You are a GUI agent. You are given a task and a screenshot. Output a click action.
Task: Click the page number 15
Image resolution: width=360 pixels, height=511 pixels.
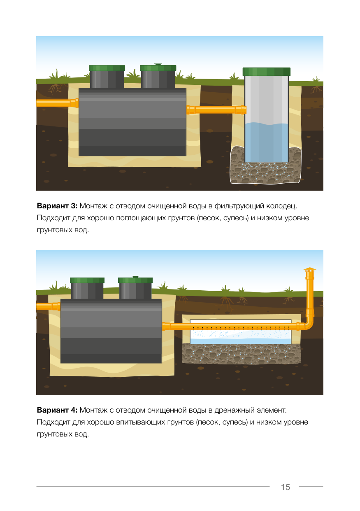(x=285, y=487)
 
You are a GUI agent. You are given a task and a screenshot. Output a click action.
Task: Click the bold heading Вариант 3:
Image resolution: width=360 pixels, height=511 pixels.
(x=57, y=206)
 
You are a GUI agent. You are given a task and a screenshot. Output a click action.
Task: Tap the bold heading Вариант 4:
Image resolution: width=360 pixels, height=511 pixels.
(x=57, y=410)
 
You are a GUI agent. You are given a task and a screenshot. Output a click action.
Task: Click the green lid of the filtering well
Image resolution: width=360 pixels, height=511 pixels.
(x=266, y=71)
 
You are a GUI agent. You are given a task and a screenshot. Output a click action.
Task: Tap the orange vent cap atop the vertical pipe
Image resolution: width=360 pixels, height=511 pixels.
(x=310, y=269)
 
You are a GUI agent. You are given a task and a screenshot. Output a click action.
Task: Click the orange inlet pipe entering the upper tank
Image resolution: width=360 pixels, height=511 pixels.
(x=57, y=103)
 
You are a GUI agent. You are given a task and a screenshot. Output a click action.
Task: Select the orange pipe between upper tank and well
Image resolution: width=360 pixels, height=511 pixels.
(x=216, y=110)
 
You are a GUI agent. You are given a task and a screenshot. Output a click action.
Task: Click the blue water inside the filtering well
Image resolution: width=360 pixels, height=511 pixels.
(x=266, y=142)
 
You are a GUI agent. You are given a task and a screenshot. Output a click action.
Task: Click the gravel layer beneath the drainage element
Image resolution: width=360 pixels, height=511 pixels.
(x=241, y=354)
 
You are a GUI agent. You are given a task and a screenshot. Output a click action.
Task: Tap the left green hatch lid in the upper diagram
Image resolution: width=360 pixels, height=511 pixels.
(x=107, y=68)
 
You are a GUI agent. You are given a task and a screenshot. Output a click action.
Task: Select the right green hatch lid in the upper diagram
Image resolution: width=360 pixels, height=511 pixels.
(x=158, y=68)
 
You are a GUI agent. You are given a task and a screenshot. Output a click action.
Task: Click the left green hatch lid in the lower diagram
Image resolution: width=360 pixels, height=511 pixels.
(x=87, y=280)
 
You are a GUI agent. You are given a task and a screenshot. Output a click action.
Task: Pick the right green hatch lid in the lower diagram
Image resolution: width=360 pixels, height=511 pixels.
(x=135, y=280)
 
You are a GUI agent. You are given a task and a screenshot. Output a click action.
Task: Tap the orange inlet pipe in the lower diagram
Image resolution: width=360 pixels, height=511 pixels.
(x=48, y=306)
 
